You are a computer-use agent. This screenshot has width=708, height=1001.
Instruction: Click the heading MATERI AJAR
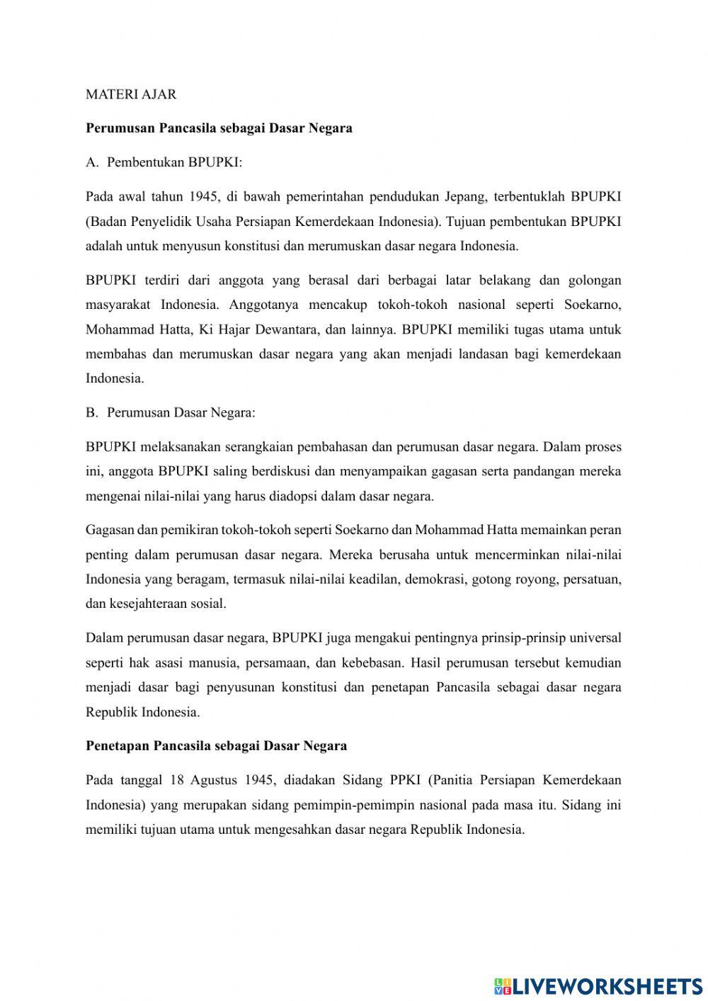[x=131, y=94]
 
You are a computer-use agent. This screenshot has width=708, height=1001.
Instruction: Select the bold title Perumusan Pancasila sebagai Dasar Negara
[x=219, y=128]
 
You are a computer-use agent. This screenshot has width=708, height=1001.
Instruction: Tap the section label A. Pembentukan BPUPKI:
[x=164, y=162]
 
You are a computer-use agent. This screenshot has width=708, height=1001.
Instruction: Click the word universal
[x=595, y=638]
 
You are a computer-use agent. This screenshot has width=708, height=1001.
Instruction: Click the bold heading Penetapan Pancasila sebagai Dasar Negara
[x=216, y=746]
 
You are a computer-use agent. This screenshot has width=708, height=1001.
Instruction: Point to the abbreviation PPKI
[x=405, y=780]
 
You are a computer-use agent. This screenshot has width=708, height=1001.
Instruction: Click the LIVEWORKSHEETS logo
[x=598, y=985]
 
